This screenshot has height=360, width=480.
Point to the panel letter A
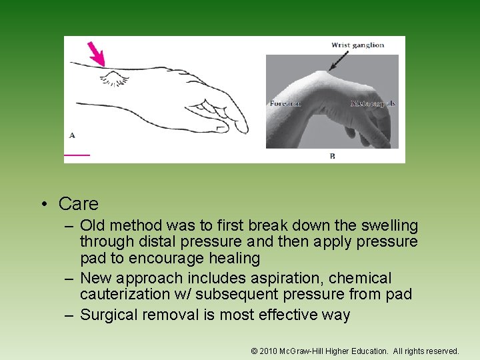pos(72,135)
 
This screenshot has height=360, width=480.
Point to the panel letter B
pos(332,156)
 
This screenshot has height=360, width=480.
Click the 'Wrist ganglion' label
pos(357,45)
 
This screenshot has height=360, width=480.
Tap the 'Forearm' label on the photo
pos(285,103)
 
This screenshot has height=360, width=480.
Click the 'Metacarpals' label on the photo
pos(373,103)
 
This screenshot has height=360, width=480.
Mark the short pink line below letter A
pos(77,155)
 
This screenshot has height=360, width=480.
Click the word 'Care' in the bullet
pos(78,203)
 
